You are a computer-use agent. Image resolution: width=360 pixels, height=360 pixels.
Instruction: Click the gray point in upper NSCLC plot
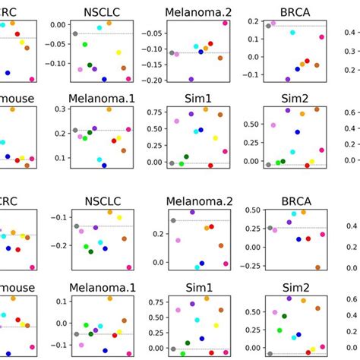[x=75, y=34]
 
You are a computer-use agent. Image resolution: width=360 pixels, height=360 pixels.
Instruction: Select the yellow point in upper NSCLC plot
[x=118, y=53]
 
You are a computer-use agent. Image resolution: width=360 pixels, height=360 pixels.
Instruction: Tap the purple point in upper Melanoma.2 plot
[x=191, y=79]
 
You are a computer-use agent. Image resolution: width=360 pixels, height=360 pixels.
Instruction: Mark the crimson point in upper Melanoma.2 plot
[x=226, y=24]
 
